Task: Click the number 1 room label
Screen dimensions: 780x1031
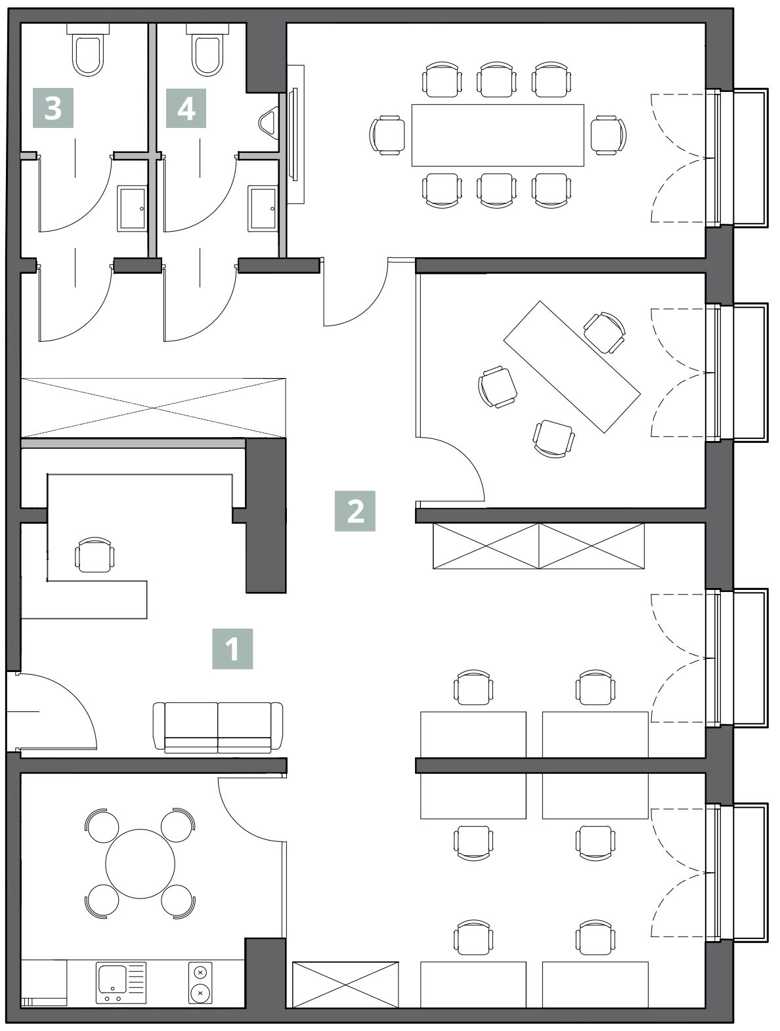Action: [x=232, y=648]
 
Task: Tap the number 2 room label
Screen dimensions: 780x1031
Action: [x=355, y=511]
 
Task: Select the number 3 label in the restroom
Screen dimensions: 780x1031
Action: [x=53, y=108]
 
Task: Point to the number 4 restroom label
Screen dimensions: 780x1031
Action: [x=186, y=108]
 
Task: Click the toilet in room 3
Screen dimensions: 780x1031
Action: [x=88, y=50]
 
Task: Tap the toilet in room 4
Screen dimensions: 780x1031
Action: [x=207, y=50]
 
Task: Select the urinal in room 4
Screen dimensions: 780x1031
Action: [x=269, y=123]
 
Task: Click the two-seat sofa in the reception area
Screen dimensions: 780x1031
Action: [x=218, y=728]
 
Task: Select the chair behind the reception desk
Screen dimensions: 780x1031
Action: [x=95, y=555]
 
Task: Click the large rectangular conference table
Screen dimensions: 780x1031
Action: [x=498, y=135]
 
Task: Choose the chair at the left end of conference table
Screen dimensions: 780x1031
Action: [x=387, y=135]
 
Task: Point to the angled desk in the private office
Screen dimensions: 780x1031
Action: [x=572, y=366]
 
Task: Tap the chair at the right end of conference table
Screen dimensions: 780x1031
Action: [x=609, y=135]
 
